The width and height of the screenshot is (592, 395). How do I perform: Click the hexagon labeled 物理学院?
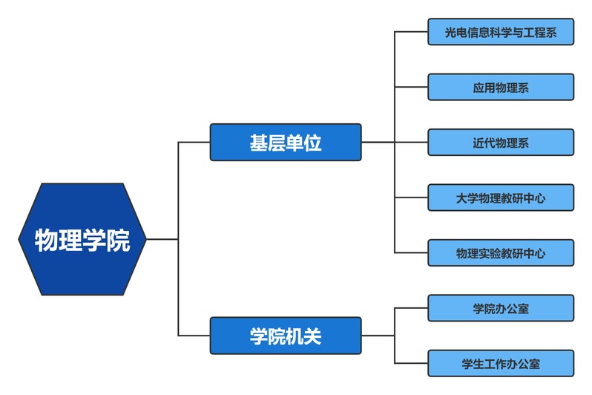[x=82, y=239]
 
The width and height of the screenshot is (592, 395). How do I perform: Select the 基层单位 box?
[x=286, y=142]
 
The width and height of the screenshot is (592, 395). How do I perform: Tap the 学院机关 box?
[x=286, y=336]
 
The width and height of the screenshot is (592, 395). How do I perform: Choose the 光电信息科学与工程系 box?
[x=501, y=32]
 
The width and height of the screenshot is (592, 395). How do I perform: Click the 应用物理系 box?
[x=501, y=88]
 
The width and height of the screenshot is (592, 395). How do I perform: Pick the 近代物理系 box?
[x=501, y=143]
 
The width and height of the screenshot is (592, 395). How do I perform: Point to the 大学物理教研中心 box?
[x=501, y=197]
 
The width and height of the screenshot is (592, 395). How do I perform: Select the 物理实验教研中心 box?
[x=501, y=253]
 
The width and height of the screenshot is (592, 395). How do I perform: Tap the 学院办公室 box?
[x=501, y=308]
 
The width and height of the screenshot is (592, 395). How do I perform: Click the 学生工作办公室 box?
[x=501, y=364]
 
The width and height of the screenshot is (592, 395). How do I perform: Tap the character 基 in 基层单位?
[x=259, y=143]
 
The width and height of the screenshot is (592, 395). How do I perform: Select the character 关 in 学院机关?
[x=312, y=336]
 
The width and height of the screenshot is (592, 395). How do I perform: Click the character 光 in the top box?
[x=451, y=33]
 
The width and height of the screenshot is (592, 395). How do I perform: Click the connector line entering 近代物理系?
[x=412, y=143]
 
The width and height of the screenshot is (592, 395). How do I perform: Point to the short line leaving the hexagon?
[x=162, y=239]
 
